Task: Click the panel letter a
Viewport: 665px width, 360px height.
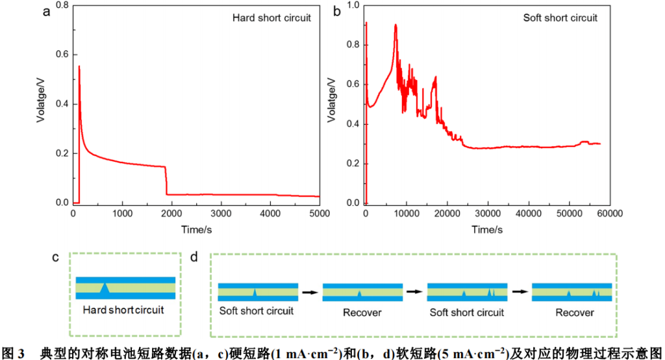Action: tap(47, 12)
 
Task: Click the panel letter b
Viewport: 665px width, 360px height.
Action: tap(336, 12)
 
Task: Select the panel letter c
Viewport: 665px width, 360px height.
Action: tap(57, 257)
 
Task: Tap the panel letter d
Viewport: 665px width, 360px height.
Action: tap(194, 257)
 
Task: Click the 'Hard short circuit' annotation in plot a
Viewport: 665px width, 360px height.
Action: tap(271, 18)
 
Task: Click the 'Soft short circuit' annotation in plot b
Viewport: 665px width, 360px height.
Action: tap(560, 18)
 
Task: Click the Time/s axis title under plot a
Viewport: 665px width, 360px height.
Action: tap(195, 229)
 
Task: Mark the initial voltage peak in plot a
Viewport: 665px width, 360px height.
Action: tap(79, 66)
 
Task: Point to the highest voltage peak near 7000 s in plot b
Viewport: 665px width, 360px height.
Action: tap(395, 25)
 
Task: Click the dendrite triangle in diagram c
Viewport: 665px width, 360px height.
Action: tap(105, 287)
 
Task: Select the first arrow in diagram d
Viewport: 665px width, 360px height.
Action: tap(310, 292)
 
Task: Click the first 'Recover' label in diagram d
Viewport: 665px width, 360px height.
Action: tap(362, 313)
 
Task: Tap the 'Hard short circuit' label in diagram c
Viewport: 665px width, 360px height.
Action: tap(123, 311)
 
